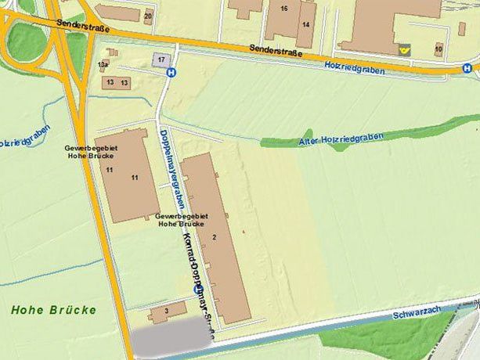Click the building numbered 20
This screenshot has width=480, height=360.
[148, 15]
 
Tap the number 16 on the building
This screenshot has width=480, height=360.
[283, 9]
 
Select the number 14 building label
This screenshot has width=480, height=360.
[305, 24]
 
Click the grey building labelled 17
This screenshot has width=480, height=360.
[161, 59]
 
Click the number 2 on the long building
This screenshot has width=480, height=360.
[213, 236]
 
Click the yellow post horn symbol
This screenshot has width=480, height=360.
[404, 49]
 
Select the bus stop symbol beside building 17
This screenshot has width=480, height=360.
[171, 72]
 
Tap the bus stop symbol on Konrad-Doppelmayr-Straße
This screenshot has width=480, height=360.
[197, 290]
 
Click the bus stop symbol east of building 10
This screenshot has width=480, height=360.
[467, 68]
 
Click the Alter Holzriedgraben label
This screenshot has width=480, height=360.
[341, 139]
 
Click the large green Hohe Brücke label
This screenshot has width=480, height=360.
[53, 310]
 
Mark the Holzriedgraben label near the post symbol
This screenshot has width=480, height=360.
[353, 65]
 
